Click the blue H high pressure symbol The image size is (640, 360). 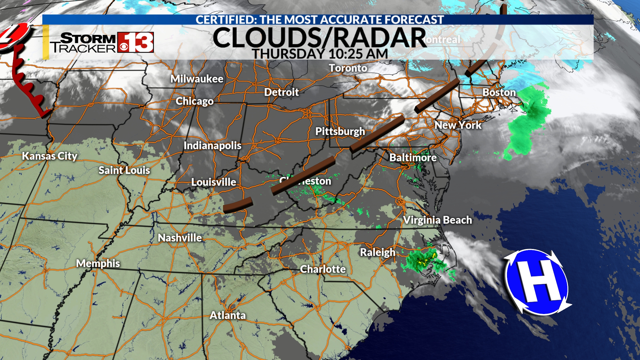[537, 282]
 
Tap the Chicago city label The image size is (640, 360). [195, 101]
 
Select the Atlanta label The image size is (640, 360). [228, 315]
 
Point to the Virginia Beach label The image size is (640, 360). [437, 220]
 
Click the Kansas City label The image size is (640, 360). [50, 156]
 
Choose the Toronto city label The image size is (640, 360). [348, 68]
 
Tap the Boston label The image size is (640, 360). [499, 92]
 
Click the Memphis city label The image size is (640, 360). [98, 263]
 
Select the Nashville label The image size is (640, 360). [180, 238]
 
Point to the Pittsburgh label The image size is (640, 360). [340, 131]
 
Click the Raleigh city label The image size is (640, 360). [378, 252]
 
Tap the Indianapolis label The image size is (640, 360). [212, 146]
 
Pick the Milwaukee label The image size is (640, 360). [197, 79]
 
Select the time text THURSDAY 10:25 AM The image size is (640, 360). [320, 54]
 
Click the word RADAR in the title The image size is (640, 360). [380, 38]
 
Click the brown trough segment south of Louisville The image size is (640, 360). [238, 205]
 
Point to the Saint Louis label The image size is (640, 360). [124, 170]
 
